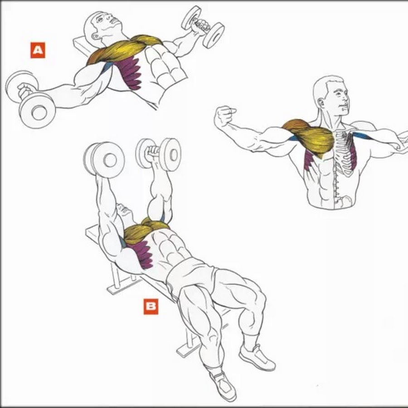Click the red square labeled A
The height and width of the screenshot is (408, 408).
point(38,50)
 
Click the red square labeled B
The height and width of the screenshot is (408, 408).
point(151,306)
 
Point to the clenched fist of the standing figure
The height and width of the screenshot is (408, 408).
point(224,116)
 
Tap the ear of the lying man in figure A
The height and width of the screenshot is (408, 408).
point(95,36)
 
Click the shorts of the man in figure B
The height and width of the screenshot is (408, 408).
point(190,276)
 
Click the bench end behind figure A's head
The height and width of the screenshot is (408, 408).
point(82,45)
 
